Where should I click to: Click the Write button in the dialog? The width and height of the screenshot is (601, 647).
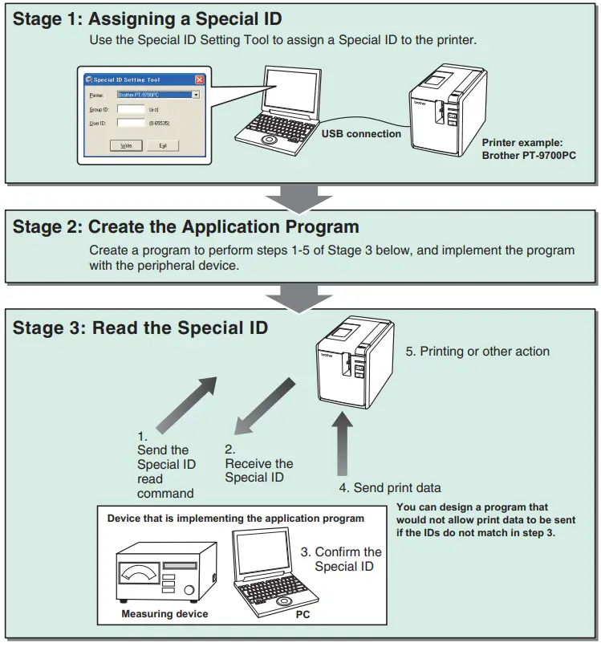pyautogui.click(x=126, y=145)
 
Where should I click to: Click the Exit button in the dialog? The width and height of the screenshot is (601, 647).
pyautogui.click(x=163, y=145)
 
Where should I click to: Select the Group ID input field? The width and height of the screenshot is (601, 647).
pyautogui.click(x=131, y=109)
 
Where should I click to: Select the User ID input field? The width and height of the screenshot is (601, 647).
pyautogui.click(x=131, y=123)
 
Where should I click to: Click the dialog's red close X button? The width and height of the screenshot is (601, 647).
pyautogui.click(x=199, y=79)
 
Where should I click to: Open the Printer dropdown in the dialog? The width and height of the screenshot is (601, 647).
pyautogui.click(x=196, y=95)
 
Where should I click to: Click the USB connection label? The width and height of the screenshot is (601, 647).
pyautogui.click(x=361, y=134)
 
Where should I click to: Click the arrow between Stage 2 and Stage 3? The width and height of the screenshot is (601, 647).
pyautogui.click(x=300, y=295)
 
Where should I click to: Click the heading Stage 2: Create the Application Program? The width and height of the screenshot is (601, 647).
pyautogui.click(x=185, y=227)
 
